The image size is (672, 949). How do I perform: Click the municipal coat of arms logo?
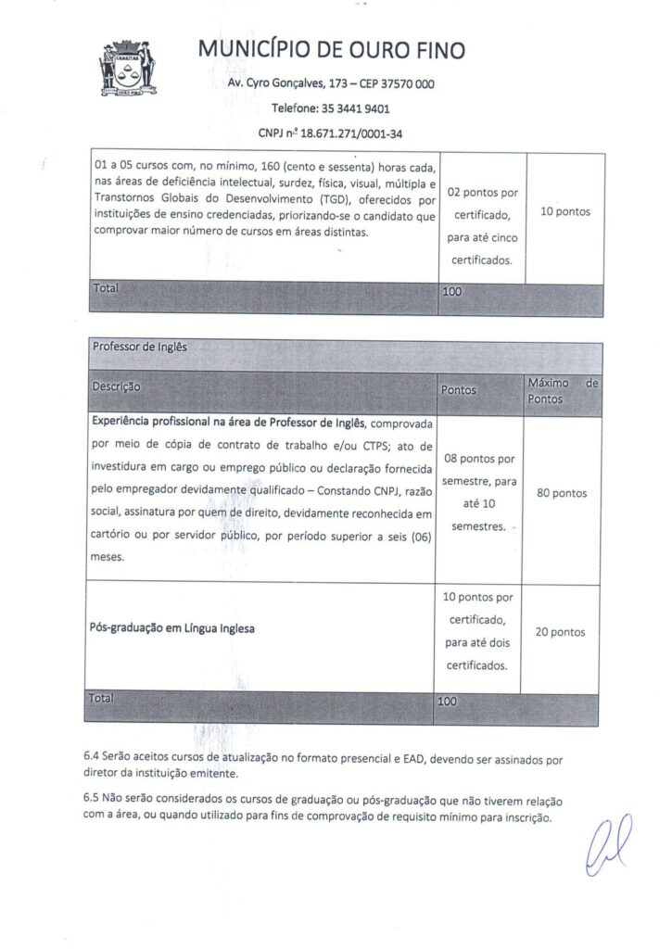pos(129,67)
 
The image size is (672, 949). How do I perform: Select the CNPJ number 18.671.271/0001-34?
pos(351,133)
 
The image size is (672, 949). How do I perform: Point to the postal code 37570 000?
pos(409,84)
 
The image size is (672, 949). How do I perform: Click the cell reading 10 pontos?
pos(564,211)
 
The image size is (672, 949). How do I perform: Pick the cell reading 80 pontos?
pos(562,493)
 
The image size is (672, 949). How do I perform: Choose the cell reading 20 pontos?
pos(561,632)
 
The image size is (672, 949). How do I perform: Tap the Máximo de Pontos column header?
pos(562,390)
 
